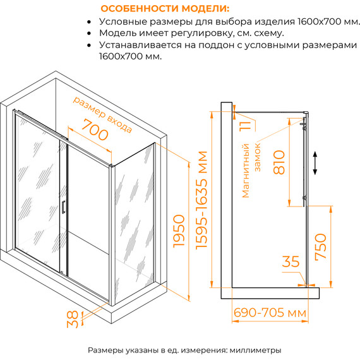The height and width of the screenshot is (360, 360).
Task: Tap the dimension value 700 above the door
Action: (87, 131)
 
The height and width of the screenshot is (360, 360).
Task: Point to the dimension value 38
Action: (75, 319)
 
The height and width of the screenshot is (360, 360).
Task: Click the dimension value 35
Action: (291, 260)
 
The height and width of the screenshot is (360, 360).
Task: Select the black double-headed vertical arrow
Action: (316, 163)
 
